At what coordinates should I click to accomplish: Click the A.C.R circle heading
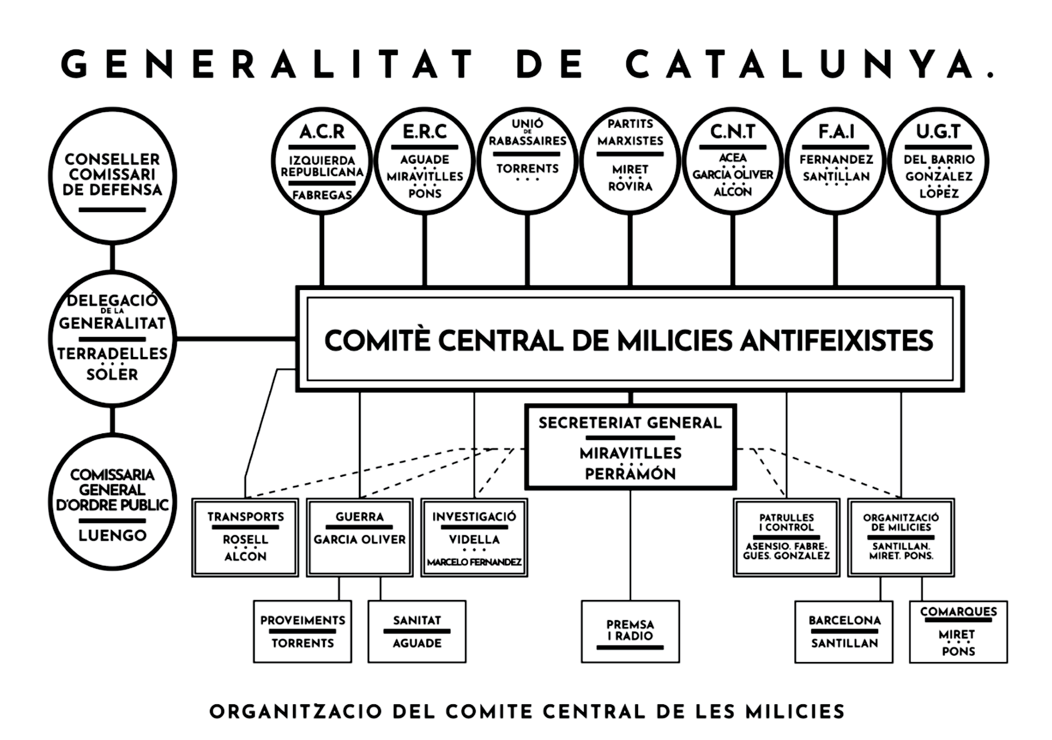coord(322,132)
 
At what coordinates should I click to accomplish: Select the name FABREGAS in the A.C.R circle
coord(322,195)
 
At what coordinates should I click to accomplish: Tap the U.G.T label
coord(938,132)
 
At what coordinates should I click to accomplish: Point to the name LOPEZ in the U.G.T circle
coord(939,193)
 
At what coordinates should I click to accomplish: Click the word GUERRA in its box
coord(360,517)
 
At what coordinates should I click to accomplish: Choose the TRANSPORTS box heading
coord(246,517)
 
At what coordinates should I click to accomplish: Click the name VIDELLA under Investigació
coord(474,539)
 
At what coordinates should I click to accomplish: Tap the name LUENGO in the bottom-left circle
coord(112,535)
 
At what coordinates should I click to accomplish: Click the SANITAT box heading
coord(417,620)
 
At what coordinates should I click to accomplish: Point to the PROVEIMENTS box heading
coord(302,620)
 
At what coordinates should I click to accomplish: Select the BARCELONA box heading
coord(845,620)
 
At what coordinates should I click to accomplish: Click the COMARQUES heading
coord(959,611)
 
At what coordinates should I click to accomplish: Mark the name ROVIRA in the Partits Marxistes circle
coord(630,186)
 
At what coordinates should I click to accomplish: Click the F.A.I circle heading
coord(836,132)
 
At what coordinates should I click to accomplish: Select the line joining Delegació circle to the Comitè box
coord(236,339)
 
